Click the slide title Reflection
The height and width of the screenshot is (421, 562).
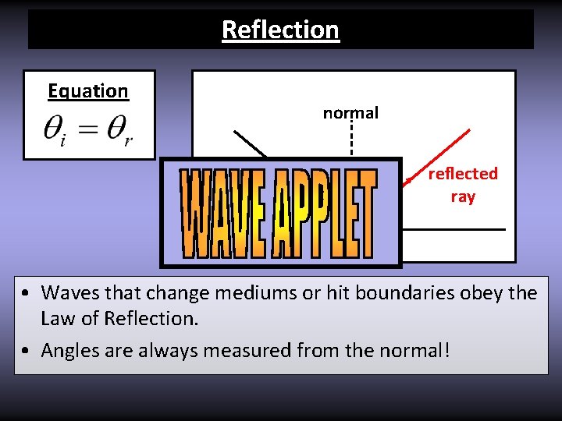(280, 30)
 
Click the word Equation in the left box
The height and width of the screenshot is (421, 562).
(88, 91)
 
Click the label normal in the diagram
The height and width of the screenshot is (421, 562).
(350, 113)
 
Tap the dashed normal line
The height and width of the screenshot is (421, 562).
(352, 140)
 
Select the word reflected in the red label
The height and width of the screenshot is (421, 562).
(463, 174)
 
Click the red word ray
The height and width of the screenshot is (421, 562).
(463, 196)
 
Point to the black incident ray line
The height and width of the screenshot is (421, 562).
(250, 145)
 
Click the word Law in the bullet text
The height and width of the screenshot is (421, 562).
(56, 319)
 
